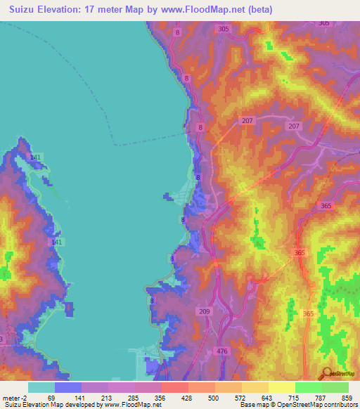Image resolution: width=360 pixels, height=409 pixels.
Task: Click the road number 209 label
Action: click(205, 311)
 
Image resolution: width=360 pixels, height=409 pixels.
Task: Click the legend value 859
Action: click(342, 398)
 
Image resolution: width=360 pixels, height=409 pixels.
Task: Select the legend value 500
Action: click(203, 398)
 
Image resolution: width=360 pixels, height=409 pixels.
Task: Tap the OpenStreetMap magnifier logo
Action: click(327, 374)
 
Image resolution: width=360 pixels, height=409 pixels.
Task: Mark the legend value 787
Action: click(316, 398)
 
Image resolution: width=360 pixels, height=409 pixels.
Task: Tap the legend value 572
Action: click(231, 398)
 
